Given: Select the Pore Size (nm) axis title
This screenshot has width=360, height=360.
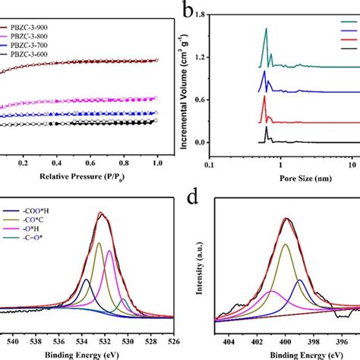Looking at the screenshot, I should click(x=295, y=183).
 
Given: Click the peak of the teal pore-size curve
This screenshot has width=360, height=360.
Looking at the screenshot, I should click(x=266, y=29).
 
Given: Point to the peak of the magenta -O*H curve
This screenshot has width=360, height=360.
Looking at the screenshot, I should click(x=109, y=251).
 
